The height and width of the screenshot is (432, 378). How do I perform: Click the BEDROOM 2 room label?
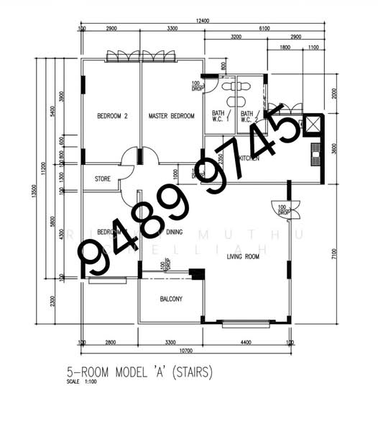coord(112,116)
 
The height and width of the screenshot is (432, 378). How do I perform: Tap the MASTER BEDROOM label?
coord(171,116)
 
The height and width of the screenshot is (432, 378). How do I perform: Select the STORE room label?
coord(103,179)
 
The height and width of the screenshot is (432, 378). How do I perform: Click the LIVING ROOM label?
coord(244,256)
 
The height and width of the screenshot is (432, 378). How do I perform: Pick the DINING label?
coord(175,232)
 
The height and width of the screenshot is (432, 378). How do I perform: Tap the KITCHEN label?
coord(249,158)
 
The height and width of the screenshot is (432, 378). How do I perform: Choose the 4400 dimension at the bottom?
coord(246,343)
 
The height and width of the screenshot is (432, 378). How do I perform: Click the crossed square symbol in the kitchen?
coord(312,124)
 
